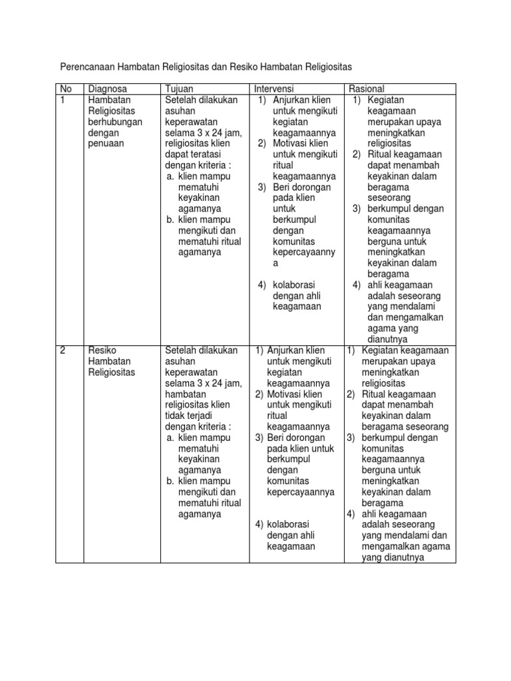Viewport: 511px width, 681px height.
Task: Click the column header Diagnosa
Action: (x=107, y=89)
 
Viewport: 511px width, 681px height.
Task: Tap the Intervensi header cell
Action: (x=273, y=89)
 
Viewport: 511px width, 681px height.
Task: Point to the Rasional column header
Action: (x=367, y=89)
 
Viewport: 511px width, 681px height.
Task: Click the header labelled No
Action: (x=66, y=89)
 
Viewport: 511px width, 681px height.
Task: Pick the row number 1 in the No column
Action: (x=63, y=100)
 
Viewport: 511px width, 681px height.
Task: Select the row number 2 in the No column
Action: (x=63, y=350)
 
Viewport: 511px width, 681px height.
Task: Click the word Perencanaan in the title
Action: (x=88, y=67)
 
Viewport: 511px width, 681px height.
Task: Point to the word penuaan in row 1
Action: (x=106, y=143)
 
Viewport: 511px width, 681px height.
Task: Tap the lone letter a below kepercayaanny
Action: (x=275, y=263)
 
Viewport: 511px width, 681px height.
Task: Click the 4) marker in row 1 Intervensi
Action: (x=263, y=285)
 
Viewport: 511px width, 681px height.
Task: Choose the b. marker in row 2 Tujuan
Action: (x=170, y=481)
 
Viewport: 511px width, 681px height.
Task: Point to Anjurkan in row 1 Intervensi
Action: (x=291, y=100)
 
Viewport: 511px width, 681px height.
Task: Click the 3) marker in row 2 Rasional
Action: (x=351, y=438)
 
